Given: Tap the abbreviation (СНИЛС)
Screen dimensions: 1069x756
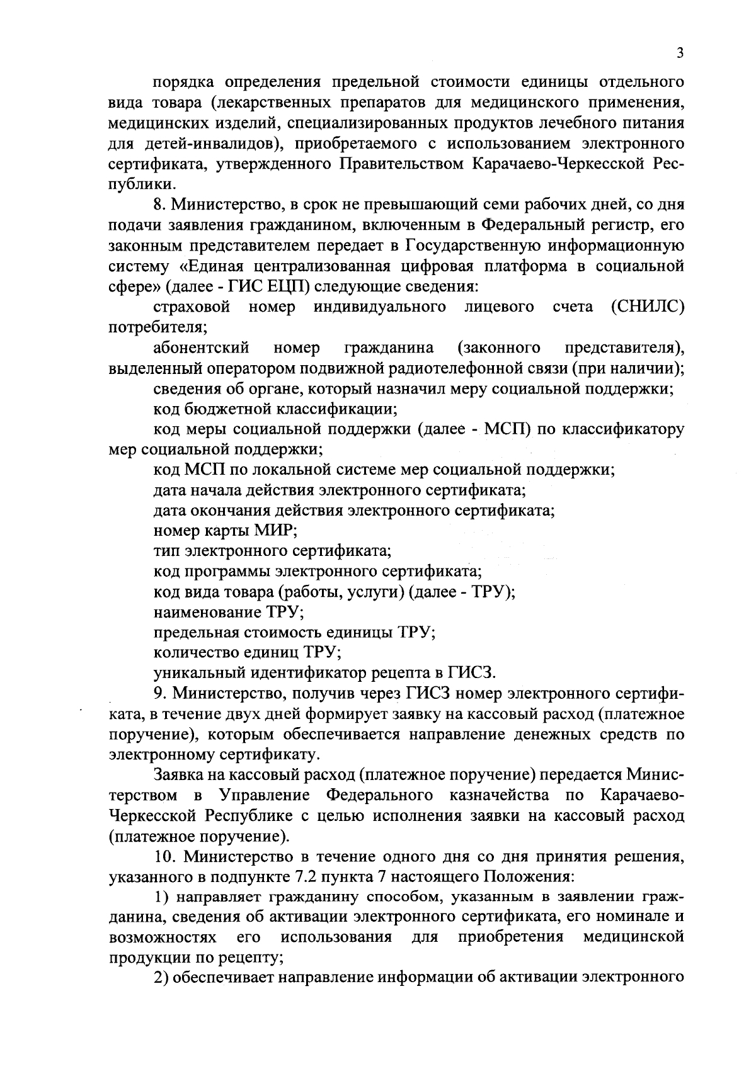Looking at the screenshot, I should pos(648,307).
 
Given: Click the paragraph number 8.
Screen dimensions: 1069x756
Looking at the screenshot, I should pos(159,205).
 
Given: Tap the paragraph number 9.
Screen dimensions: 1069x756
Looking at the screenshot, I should pos(159,694).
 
